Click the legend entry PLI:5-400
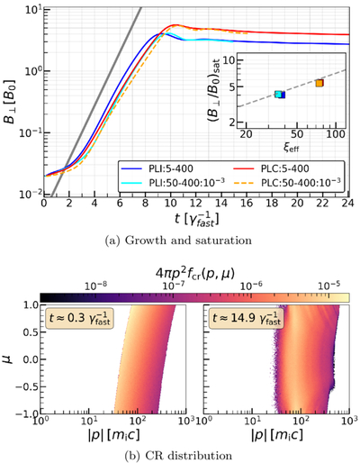(x=157, y=168)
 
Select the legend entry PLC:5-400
(x=271, y=168)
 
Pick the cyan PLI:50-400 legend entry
(x=173, y=182)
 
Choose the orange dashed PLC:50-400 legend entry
(x=287, y=182)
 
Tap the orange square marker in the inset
(x=319, y=83)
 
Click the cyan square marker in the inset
(x=278, y=95)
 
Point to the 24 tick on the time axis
(x=348, y=204)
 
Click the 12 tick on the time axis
(x=196, y=204)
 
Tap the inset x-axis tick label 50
(x=297, y=134)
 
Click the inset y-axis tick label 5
(x=232, y=86)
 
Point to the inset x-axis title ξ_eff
(x=292, y=147)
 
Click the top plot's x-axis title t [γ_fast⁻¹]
(x=196, y=220)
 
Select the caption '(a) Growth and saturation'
(x=178, y=241)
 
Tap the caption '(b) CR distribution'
(x=178, y=456)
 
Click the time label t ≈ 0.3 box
(x=79, y=318)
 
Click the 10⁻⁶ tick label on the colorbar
(x=250, y=286)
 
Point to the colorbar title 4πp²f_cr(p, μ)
(x=195, y=274)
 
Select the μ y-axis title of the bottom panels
(x=9, y=359)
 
